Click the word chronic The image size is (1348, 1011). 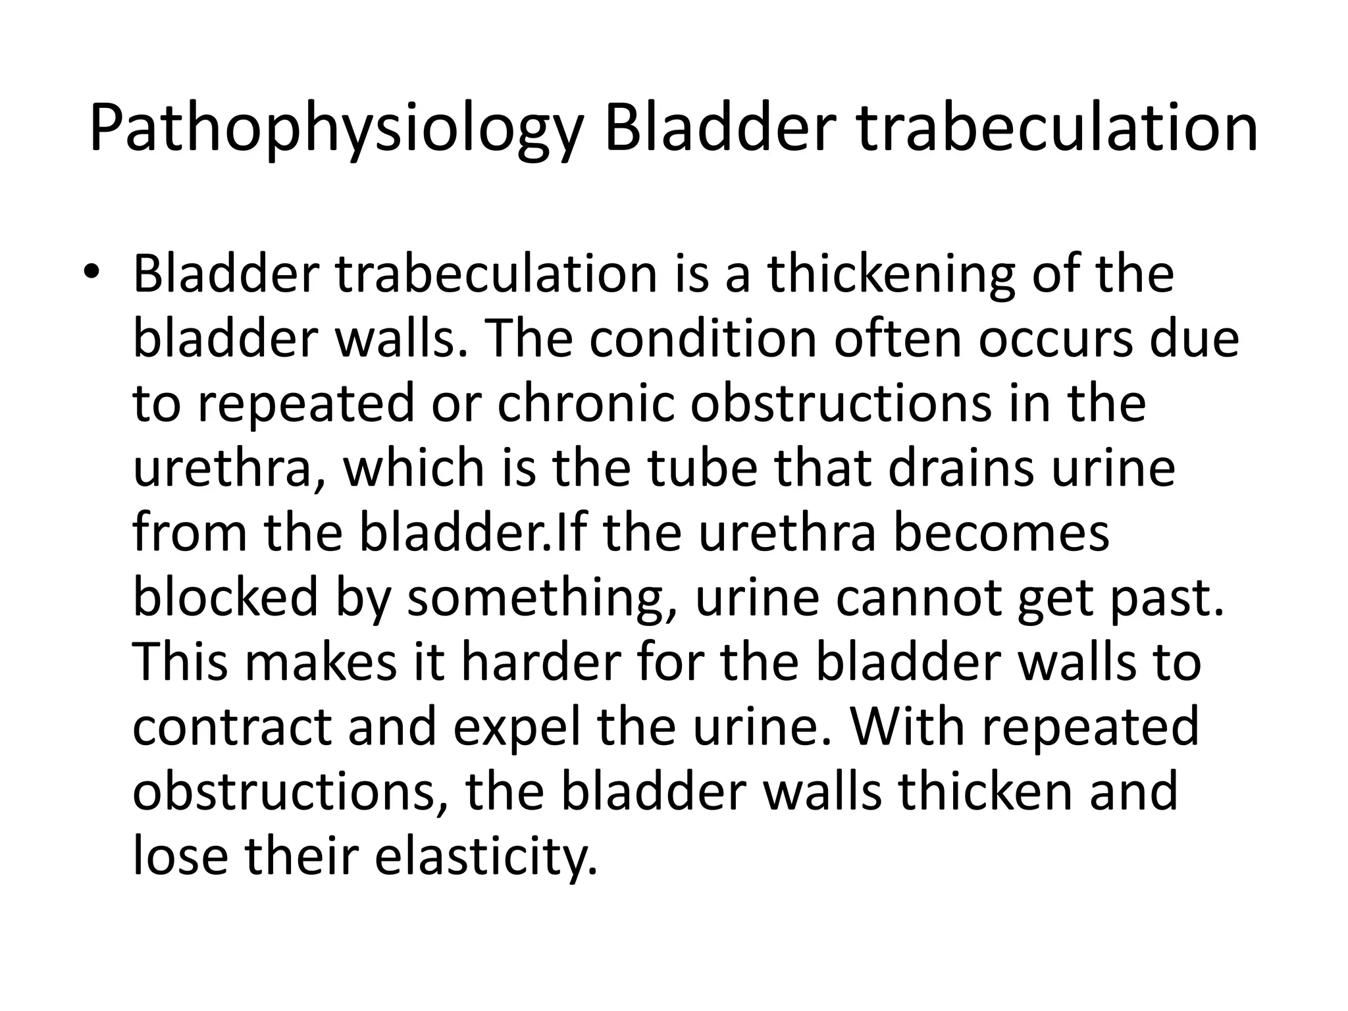pos(586,403)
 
